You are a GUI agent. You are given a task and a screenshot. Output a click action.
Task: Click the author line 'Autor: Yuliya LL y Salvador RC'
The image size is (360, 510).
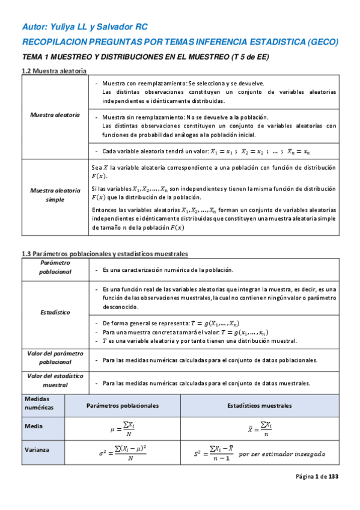[84, 27]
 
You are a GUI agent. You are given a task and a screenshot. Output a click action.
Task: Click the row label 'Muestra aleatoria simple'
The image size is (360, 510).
[55, 194]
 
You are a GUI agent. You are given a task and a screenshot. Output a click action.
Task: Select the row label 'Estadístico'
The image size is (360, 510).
[55, 312]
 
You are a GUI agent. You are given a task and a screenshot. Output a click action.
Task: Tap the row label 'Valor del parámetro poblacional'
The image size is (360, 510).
[55, 358]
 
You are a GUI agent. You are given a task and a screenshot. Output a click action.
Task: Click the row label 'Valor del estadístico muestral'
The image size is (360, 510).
[55, 379]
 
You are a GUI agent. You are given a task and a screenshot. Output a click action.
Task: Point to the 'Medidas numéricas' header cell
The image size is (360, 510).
[39, 403]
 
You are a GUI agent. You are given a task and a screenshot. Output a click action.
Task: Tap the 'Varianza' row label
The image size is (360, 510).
[37, 449]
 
